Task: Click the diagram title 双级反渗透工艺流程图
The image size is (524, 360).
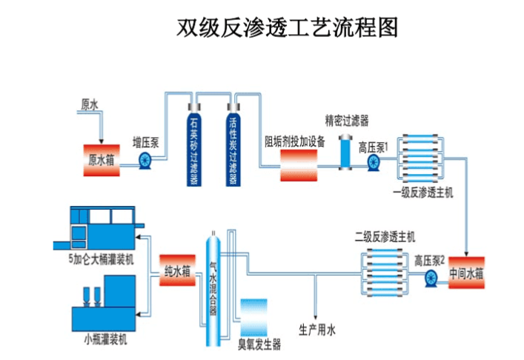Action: click(288, 27)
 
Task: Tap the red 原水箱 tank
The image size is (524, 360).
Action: click(101, 159)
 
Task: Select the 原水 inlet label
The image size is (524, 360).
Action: click(90, 105)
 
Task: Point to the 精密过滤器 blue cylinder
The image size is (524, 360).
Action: click(347, 153)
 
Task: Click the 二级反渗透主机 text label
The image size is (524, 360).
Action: click(385, 238)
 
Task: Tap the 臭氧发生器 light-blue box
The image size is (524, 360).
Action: click(253, 317)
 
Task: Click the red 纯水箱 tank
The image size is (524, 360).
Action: click(177, 271)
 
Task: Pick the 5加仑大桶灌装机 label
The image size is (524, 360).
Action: click(100, 259)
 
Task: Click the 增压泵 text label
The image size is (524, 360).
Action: click(146, 140)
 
